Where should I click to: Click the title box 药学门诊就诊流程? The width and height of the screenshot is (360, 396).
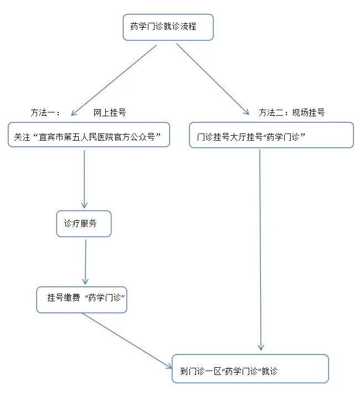[168, 27]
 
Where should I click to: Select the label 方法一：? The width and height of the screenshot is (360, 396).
[45, 112]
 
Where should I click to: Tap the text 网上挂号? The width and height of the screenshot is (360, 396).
[110, 112]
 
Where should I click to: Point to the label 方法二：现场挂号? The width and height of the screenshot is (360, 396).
[291, 112]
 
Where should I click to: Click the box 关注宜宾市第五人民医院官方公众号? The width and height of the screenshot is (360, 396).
[89, 135]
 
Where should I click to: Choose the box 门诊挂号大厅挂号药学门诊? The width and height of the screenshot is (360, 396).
[271, 136]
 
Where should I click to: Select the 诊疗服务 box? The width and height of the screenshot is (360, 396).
[84, 224]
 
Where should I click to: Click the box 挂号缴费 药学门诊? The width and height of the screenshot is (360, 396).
[82, 300]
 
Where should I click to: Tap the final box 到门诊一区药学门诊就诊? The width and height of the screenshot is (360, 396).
[250, 369]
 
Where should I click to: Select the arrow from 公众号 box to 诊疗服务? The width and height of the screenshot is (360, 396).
[84, 177]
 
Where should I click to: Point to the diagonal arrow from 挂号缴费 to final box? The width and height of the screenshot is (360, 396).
[126, 340]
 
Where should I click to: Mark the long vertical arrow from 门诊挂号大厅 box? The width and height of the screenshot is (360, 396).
[260, 249]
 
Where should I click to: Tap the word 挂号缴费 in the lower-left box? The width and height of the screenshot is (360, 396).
[64, 298]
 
